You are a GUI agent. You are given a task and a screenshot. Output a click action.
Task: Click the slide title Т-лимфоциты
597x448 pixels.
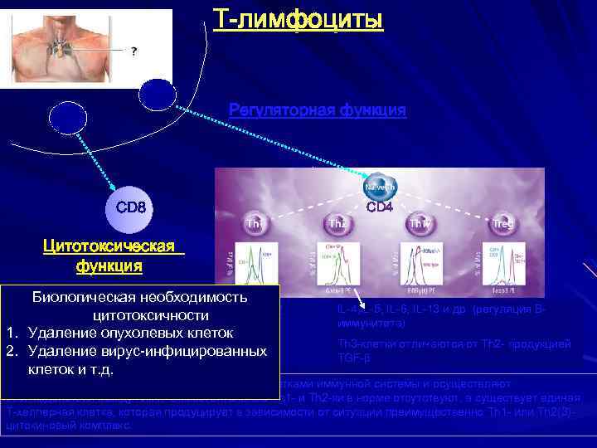[x=298, y=17]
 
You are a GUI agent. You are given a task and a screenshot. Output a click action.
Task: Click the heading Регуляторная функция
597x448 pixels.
[x=318, y=110]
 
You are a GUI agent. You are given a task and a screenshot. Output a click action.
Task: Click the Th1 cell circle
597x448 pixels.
[x=256, y=222]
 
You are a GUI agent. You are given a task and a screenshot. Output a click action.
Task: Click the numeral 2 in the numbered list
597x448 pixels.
[x=12, y=351]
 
